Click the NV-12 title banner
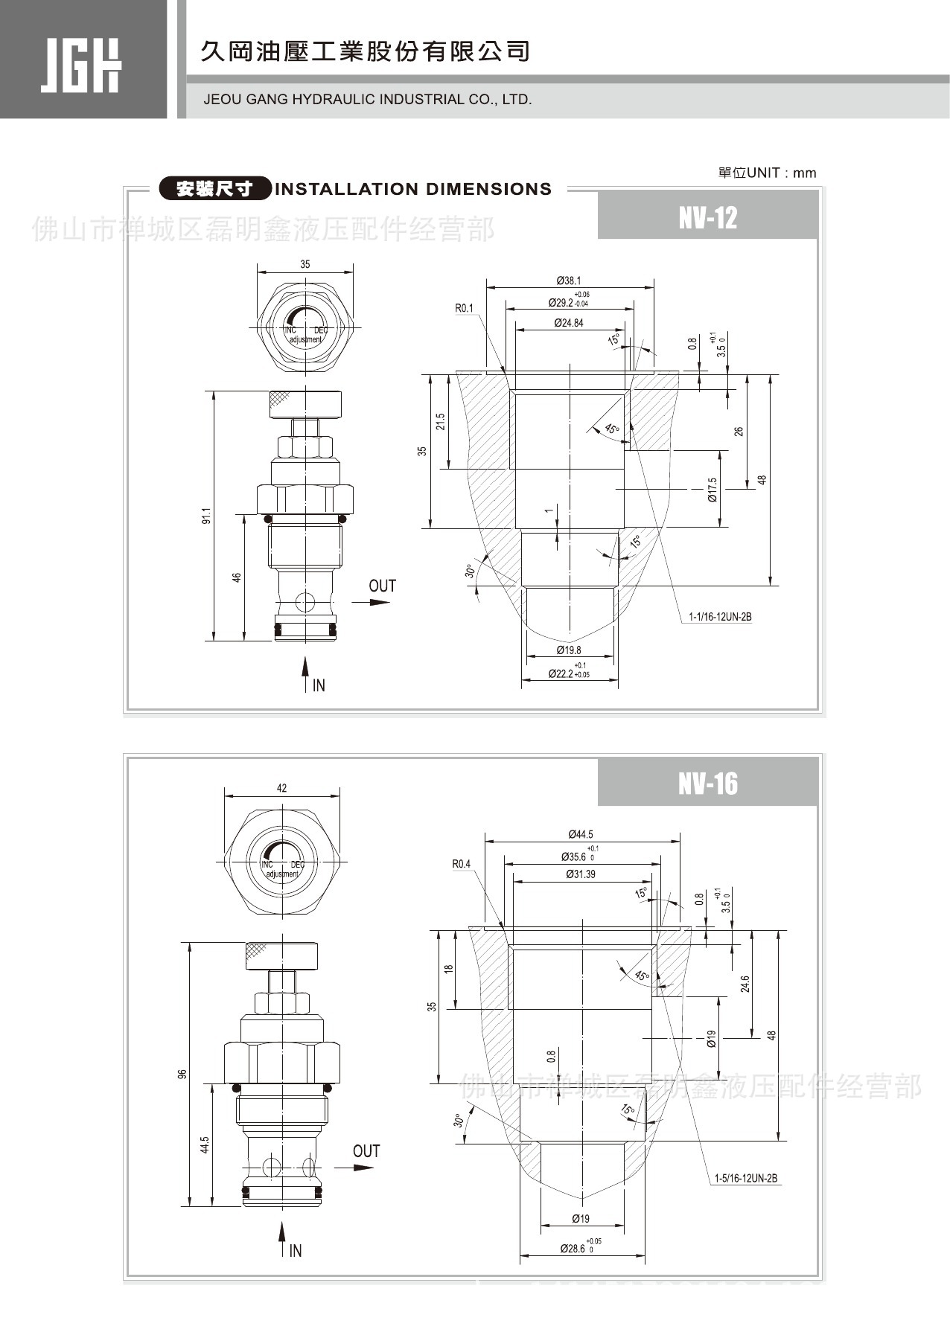pos(707,217)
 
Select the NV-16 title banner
pos(707,783)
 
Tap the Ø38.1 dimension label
pos(570,281)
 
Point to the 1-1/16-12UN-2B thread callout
pos(720,617)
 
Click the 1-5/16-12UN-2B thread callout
pos(745,1178)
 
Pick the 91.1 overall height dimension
pos(206,515)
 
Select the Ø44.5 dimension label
pos(581,834)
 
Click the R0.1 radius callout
pos(464,308)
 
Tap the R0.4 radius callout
pos(462,864)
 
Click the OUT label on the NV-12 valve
pos(382,586)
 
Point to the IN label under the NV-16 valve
pos(296,1251)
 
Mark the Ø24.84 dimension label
pos(569,323)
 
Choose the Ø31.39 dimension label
pos(581,874)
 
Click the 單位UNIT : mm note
pos(767,173)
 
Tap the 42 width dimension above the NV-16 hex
pos(281,788)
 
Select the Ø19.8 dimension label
pos(569,650)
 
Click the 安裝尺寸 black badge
pos(214,189)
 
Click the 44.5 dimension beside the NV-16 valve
pos(205,1144)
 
